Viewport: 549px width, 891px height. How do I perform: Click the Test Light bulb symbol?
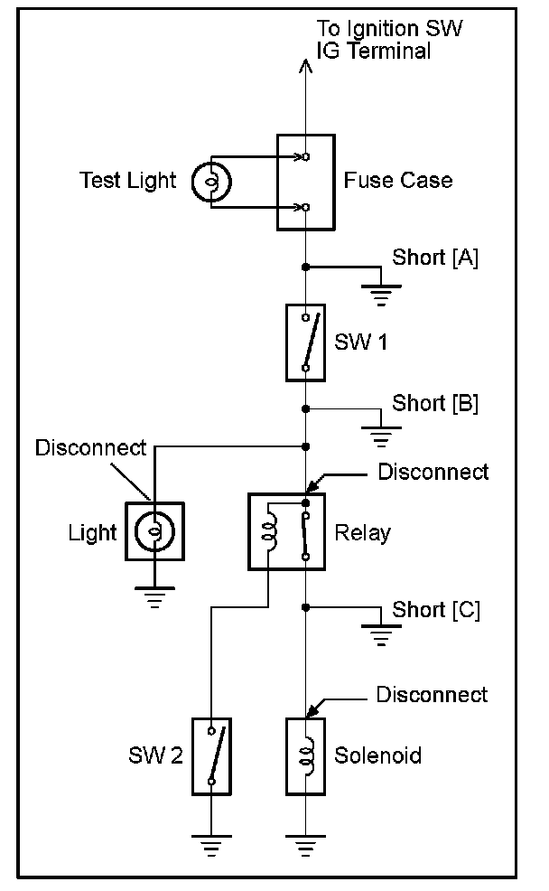coord(212,181)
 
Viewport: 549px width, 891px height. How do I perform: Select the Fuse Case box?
coord(305,182)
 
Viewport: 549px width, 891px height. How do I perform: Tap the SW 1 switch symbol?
coord(305,342)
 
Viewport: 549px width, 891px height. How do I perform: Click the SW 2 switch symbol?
coord(211,756)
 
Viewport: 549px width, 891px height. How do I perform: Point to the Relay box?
coord(286,531)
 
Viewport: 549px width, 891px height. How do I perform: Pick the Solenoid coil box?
coord(305,756)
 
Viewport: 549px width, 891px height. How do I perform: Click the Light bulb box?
coord(154,531)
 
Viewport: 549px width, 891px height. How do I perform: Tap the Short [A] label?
coord(435,257)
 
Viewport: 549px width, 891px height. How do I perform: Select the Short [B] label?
coord(435,403)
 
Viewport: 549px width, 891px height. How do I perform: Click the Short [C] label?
coord(435,610)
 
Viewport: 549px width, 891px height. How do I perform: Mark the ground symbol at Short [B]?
coord(382,438)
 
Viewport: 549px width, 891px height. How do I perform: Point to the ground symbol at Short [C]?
coord(382,637)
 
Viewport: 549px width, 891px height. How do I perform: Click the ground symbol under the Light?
coord(154,597)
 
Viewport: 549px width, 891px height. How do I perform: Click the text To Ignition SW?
coord(390,30)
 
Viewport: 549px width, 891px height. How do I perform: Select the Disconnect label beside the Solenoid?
coord(432,694)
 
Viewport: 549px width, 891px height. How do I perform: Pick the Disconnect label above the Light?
coord(91,447)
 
